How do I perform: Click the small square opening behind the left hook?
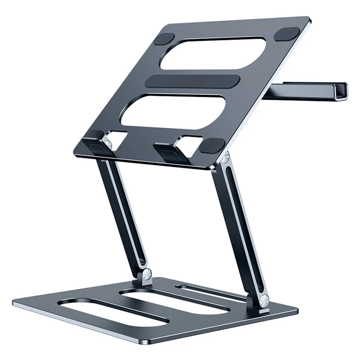118,137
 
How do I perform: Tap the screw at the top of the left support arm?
108,144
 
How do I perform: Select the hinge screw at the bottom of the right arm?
264,298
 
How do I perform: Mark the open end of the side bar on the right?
341,90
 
